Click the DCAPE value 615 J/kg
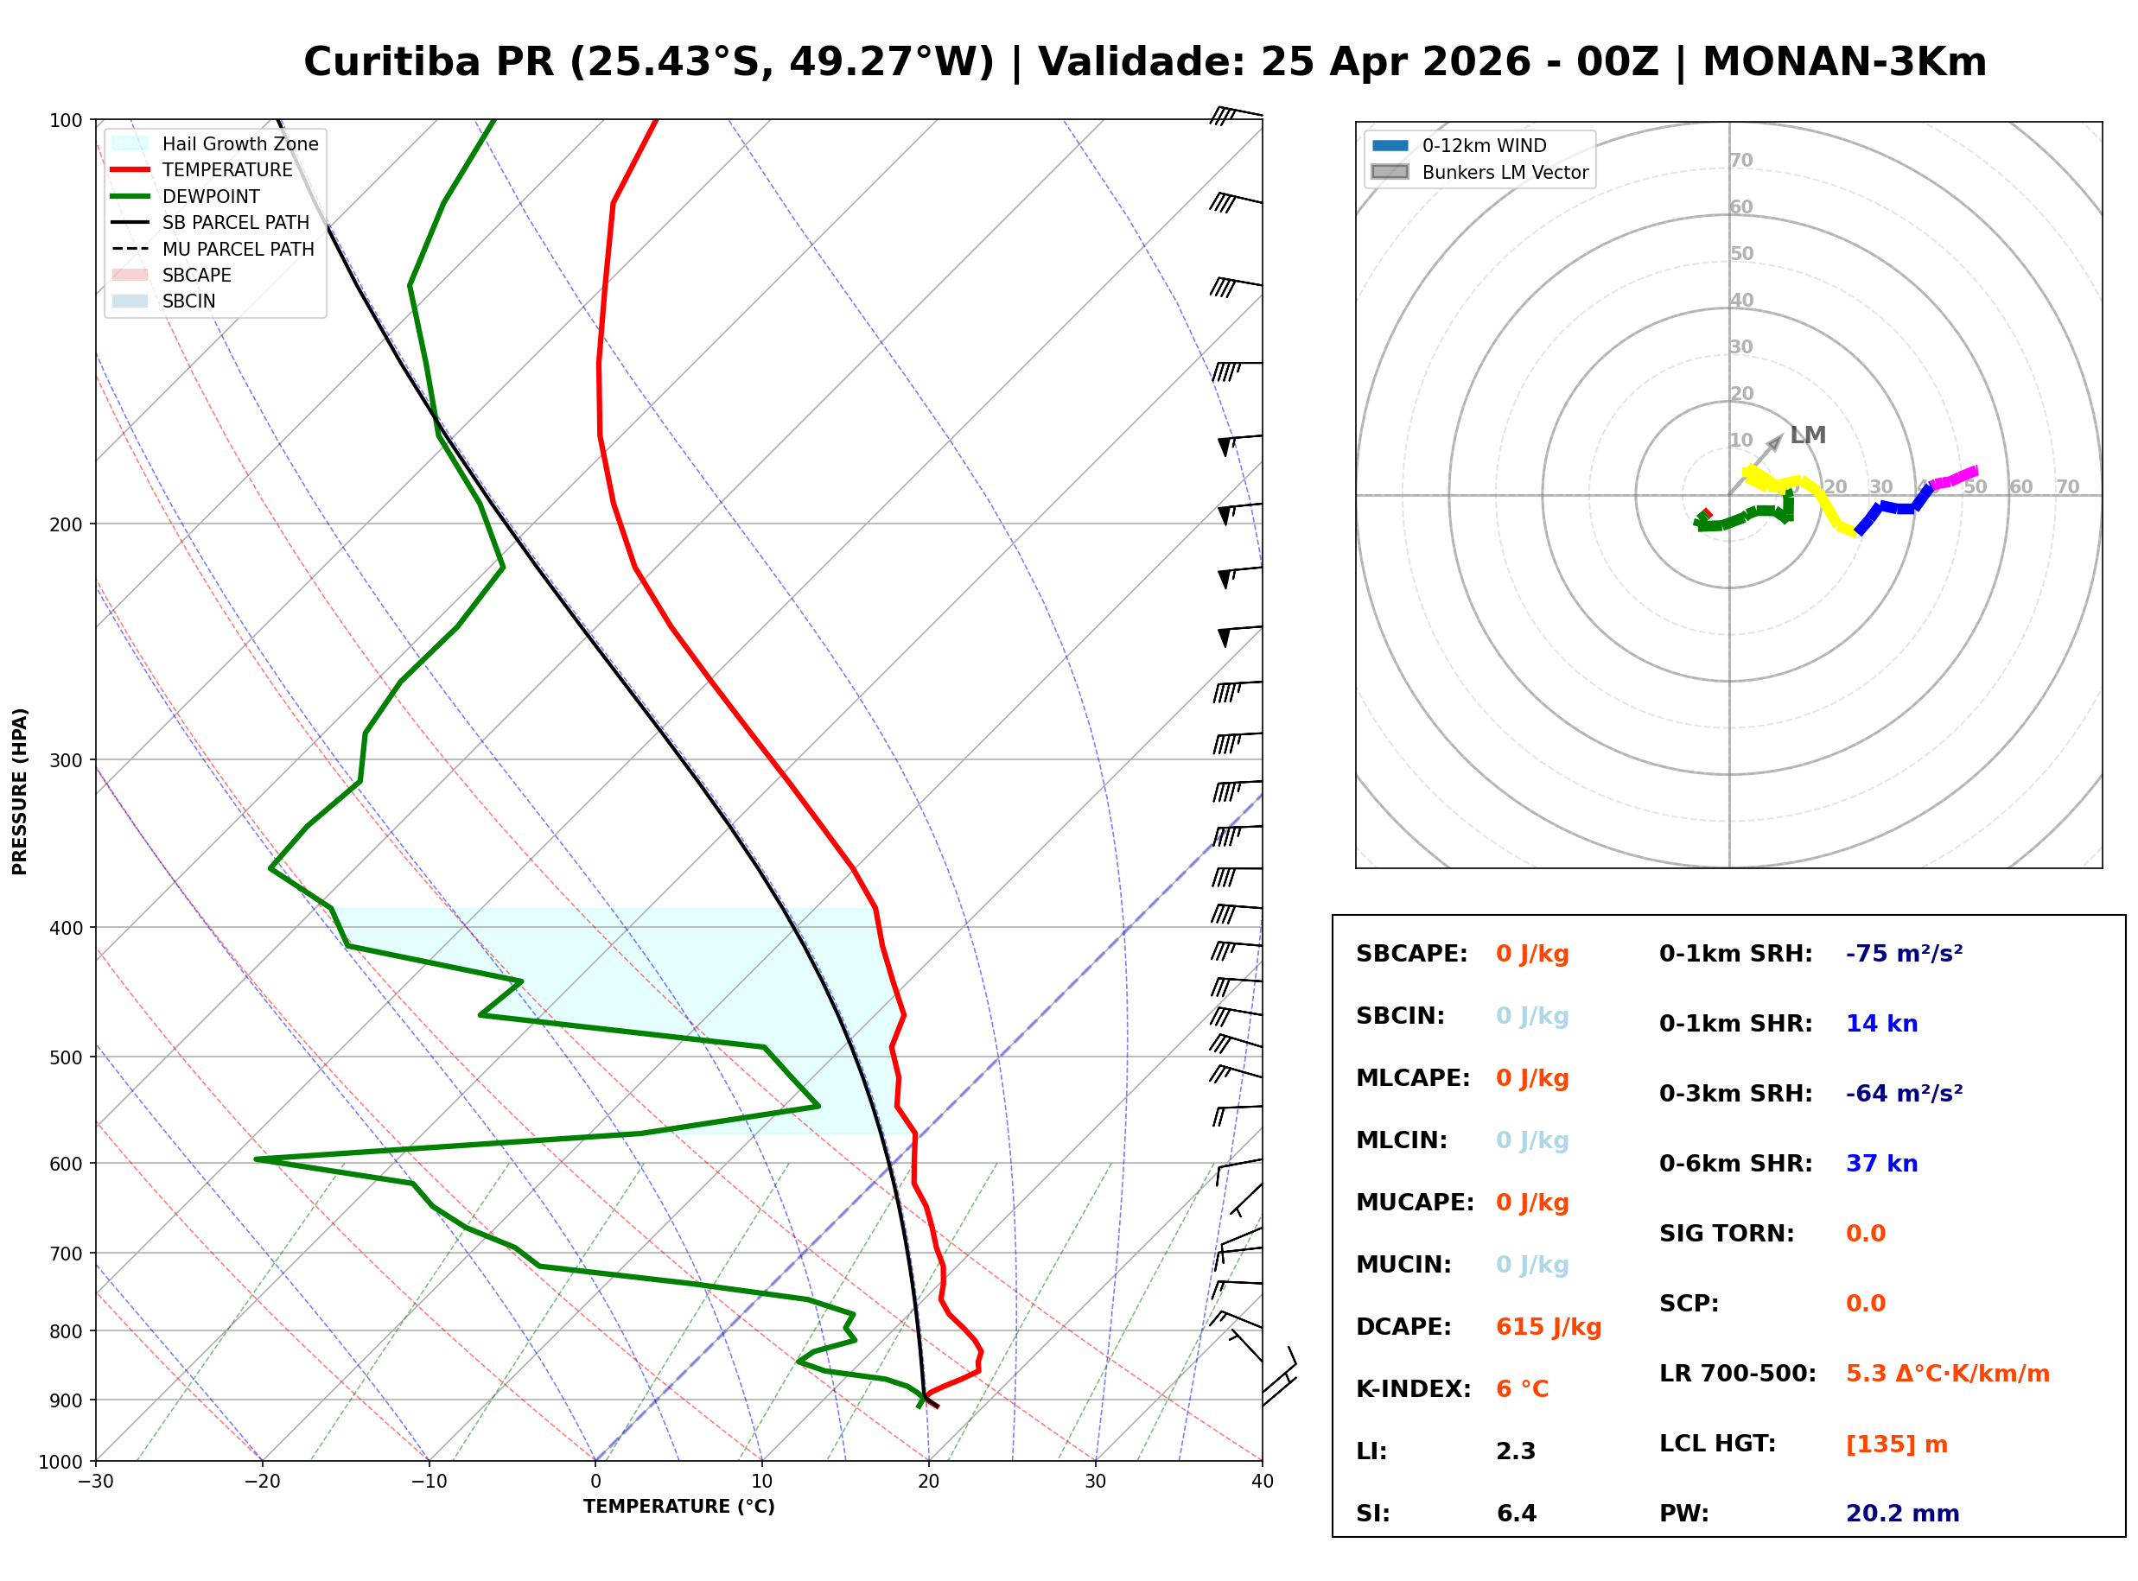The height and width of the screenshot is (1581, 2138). pos(1548,1326)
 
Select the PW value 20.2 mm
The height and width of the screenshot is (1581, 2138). pos(1901,1513)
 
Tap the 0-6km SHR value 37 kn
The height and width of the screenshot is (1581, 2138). pos(1880,1163)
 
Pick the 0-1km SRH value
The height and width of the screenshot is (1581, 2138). pos(1904,953)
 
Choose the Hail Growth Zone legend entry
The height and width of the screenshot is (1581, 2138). pos(239,143)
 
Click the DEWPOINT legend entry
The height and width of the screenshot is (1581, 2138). pos(211,196)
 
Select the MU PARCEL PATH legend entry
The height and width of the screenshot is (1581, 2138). pos(238,249)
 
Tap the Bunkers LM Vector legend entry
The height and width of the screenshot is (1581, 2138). pos(1504,172)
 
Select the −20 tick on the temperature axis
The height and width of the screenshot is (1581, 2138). pos(261,1482)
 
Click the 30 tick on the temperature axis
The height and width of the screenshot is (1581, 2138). pos(1095,1482)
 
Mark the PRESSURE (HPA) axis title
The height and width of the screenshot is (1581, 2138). pos(19,790)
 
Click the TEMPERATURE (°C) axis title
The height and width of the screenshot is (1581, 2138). pos(678,1507)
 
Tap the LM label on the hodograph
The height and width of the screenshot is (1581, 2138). pos(1808,435)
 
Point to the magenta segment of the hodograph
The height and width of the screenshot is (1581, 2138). pos(1954,478)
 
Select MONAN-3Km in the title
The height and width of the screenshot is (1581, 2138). pos(1844,62)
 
